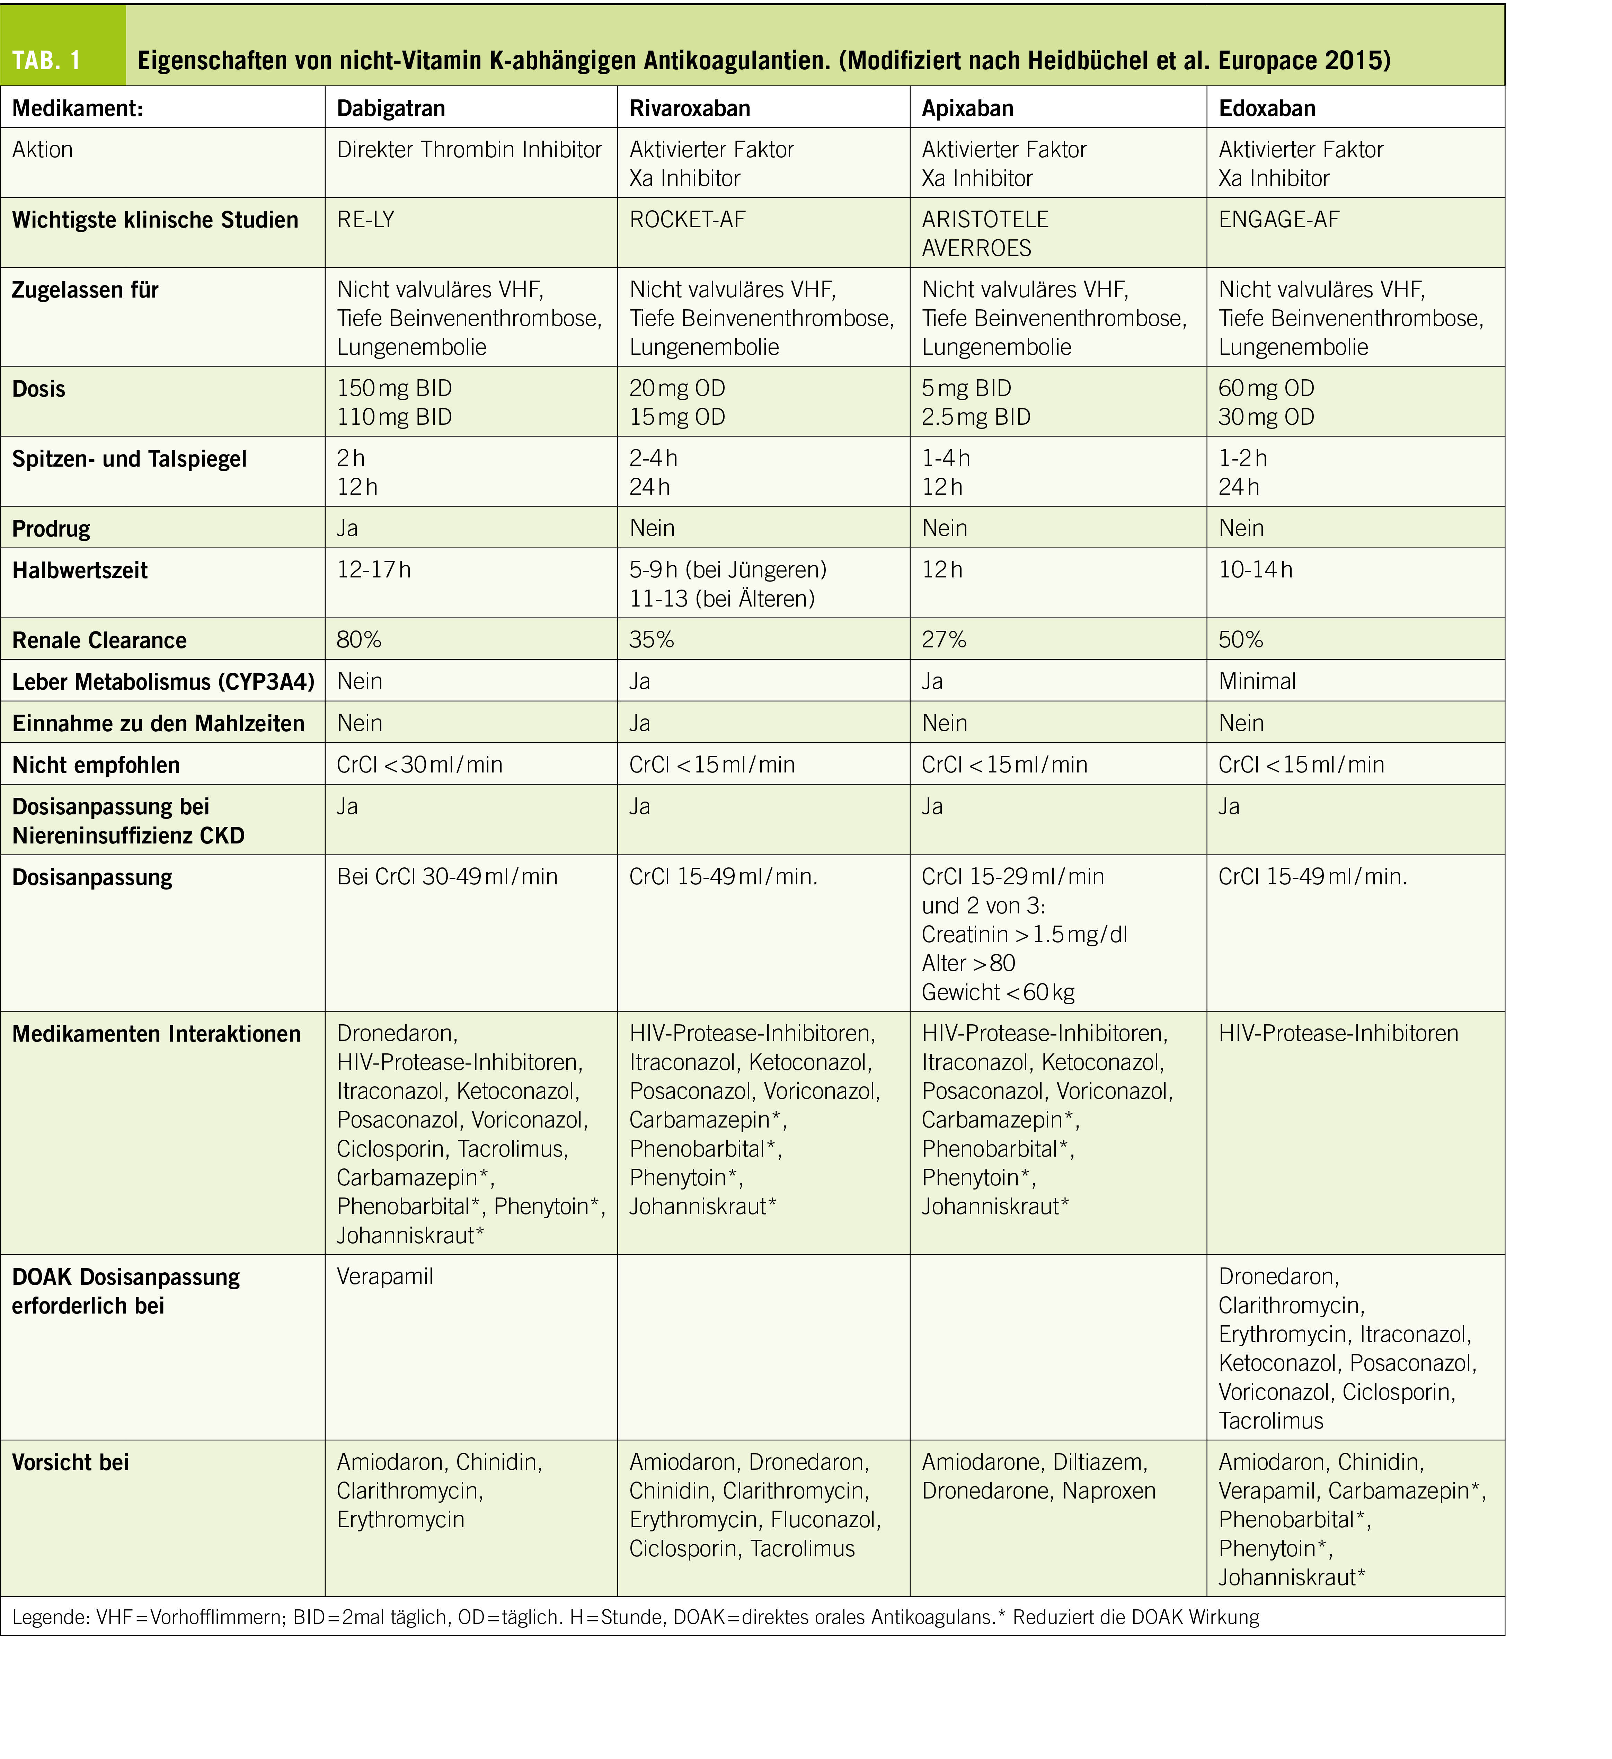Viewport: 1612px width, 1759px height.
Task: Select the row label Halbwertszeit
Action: (x=80, y=571)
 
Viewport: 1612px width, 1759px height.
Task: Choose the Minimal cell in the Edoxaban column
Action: (x=1257, y=681)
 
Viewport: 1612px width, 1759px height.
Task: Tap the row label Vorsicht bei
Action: (x=71, y=1462)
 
